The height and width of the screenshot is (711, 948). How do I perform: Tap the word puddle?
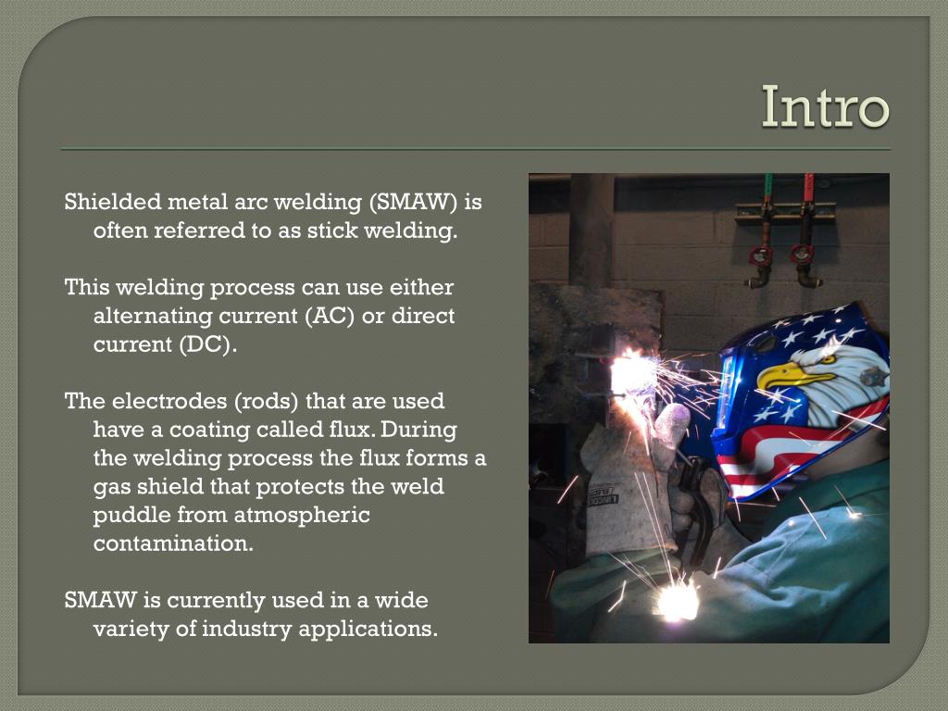128,515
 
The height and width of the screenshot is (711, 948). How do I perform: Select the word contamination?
173,543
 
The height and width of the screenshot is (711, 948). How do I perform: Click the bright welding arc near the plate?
633,373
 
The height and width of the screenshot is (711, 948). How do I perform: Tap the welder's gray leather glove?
630,481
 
